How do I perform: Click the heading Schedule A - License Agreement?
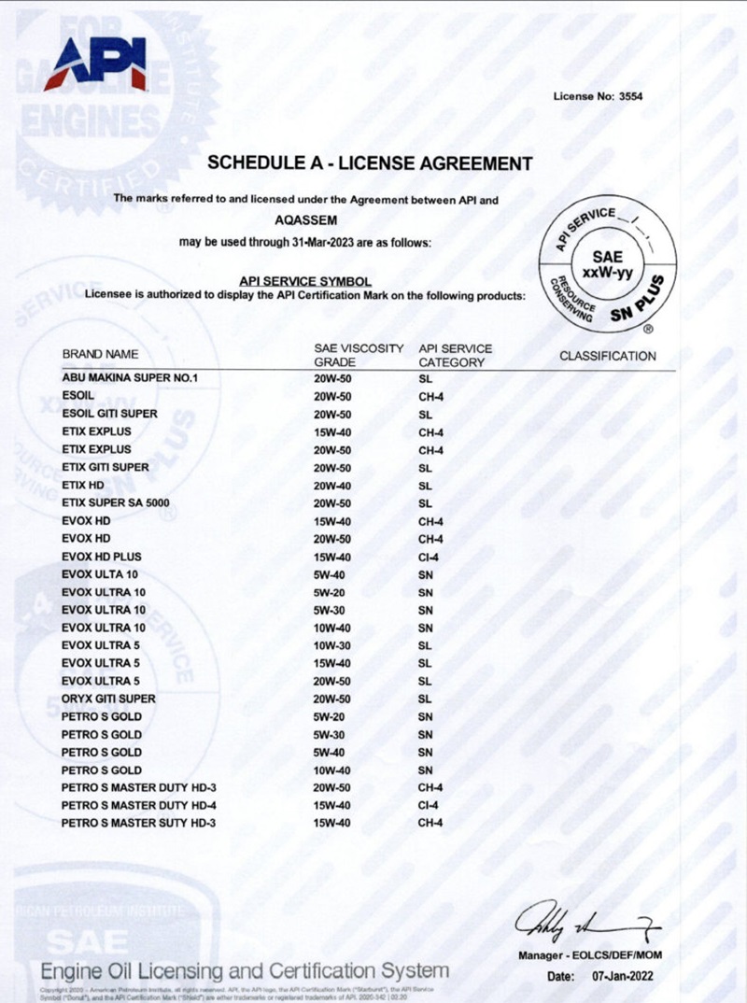pos(370,163)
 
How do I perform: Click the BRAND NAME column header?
pos(100,355)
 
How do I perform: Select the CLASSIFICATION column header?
pos(608,356)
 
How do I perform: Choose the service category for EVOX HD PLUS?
pos(430,557)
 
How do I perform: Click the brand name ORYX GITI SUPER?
pos(108,699)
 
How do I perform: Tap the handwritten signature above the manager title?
pos(587,925)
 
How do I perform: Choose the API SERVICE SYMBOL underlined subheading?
pos(305,280)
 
